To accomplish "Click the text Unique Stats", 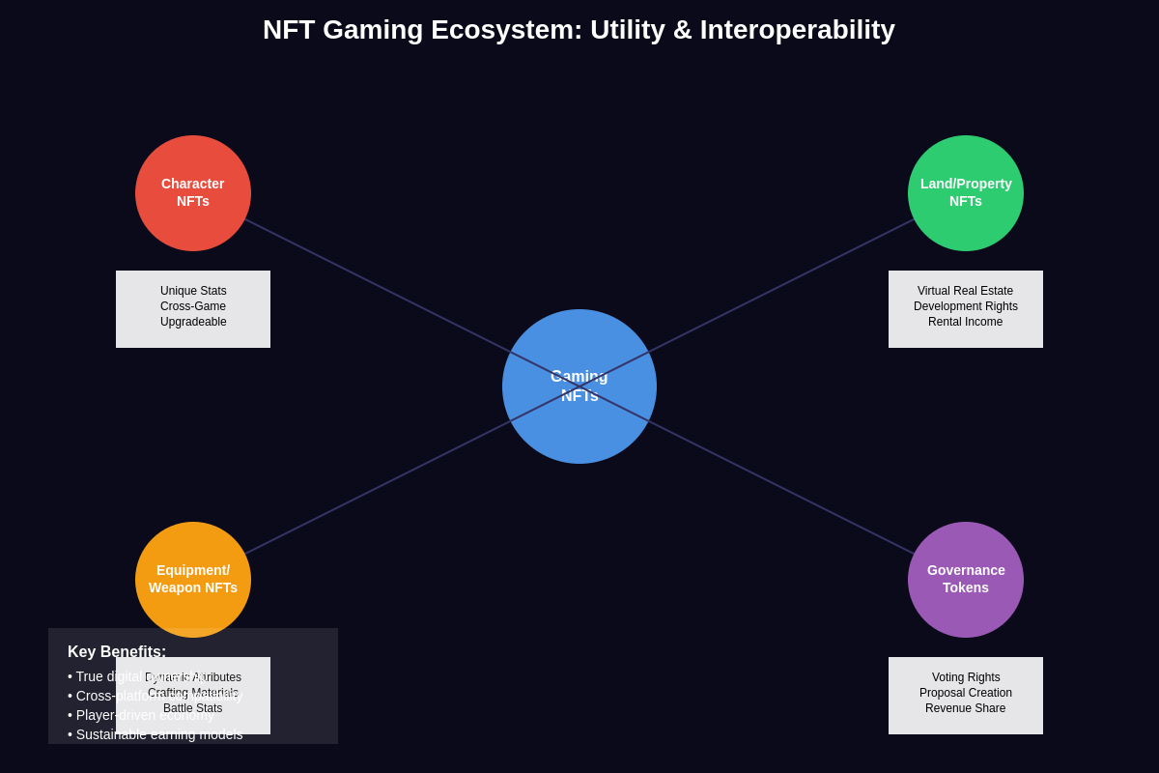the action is pos(193,291).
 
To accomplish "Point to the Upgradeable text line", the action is pos(193,322).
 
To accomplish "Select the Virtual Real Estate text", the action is pos(965,291).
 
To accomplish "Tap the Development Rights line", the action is pos(965,306).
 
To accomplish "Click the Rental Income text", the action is pos(965,322).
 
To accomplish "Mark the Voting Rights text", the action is pos(965,677).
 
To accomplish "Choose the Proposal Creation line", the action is pos(965,693).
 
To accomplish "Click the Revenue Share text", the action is pos(965,708).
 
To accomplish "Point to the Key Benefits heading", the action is pos(117,652).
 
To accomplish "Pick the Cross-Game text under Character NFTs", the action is pos(193,306).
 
